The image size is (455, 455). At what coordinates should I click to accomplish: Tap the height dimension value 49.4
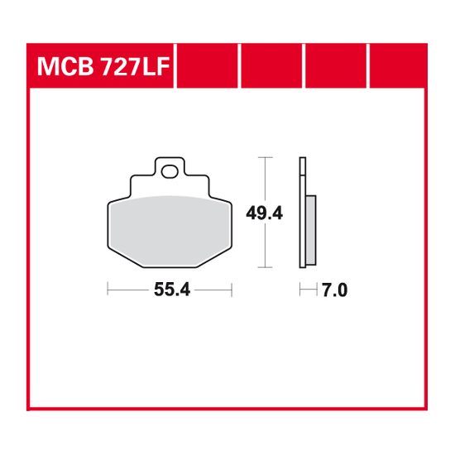point(265,213)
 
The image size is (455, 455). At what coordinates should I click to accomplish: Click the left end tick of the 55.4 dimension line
point(108,290)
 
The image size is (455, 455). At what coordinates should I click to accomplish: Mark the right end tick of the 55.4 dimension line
point(232,290)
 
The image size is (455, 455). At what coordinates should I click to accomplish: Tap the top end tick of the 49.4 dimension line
point(264,157)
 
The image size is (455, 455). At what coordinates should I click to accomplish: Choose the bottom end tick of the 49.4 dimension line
point(264,267)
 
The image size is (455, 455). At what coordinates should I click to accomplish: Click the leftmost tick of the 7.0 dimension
point(300,290)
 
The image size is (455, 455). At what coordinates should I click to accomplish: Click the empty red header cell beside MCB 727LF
point(207,67)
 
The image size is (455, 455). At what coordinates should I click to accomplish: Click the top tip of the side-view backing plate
point(302,158)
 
